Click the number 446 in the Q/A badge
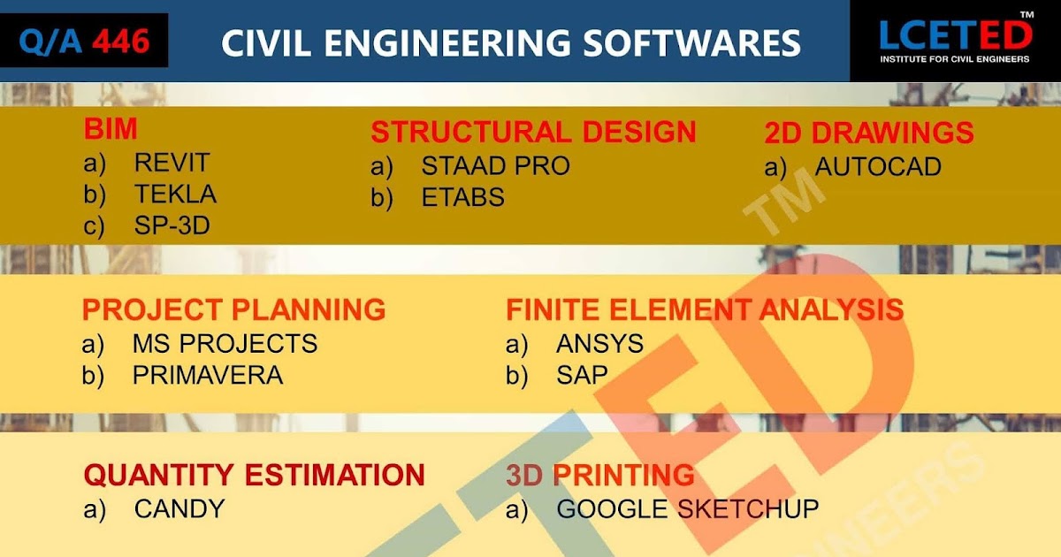(120, 41)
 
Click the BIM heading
(111, 130)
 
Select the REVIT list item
(172, 163)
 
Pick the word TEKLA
(175, 194)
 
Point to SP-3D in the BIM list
(172, 225)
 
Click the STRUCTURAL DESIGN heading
(533, 133)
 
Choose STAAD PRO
(495, 165)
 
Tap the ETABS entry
(462, 197)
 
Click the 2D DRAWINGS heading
(868, 134)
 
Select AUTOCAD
(878, 166)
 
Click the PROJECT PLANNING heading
(233, 310)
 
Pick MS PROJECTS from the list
(225, 343)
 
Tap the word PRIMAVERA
(208, 375)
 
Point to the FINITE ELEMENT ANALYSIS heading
(704, 310)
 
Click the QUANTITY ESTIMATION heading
(254, 476)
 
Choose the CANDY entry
(179, 508)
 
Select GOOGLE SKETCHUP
(687, 508)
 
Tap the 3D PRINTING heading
(600, 476)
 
